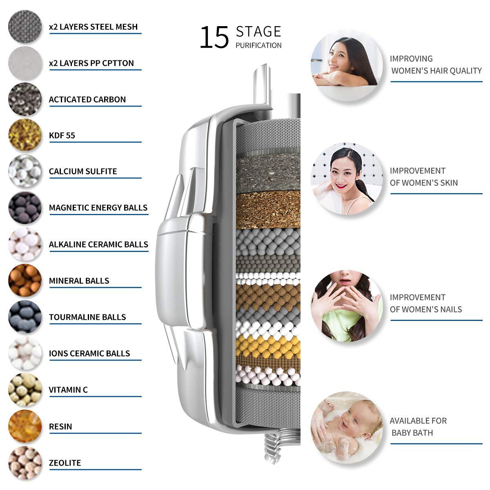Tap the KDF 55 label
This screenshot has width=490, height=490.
click(62, 135)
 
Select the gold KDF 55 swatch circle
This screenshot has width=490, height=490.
click(25, 135)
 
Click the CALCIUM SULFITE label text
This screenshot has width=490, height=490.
click(83, 171)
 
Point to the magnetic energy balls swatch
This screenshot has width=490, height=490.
click(25, 207)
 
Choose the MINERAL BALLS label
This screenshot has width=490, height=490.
click(79, 281)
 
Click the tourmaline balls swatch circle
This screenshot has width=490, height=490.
click(25, 317)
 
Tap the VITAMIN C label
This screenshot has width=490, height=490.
click(68, 390)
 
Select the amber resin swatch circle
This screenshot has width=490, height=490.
click(25, 426)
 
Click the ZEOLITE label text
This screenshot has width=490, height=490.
click(65, 463)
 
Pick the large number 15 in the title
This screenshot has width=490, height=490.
click(214, 38)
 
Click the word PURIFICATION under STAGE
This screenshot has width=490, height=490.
click(258, 45)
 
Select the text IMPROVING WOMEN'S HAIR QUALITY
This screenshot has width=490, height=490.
click(435, 65)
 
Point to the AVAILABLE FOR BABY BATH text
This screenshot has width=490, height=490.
click(418, 426)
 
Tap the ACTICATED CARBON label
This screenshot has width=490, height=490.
click(87, 99)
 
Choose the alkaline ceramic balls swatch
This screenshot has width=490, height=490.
click(25, 244)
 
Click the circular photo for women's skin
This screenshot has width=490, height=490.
click(347, 179)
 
